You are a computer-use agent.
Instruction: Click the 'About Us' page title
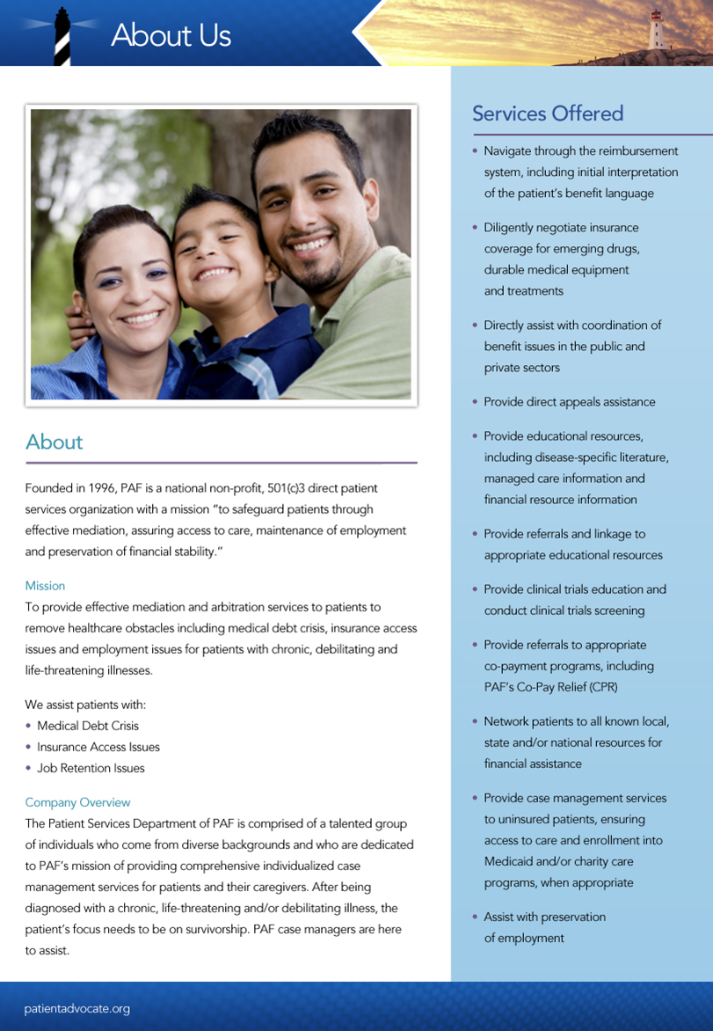pos(171,35)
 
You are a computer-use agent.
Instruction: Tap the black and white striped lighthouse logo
pos(62,38)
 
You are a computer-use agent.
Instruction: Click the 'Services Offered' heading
pos(547,113)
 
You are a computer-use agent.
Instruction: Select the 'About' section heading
pos(54,442)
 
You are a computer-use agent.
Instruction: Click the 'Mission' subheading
pos(45,586)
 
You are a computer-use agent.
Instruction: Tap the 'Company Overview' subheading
pos(77,802)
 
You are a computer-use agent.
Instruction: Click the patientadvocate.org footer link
pos(76,1008)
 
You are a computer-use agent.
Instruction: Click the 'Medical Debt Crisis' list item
pos(88,726)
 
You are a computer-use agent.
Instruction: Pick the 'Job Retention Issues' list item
pos(91,768)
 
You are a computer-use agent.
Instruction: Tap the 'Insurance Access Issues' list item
pos(98,747)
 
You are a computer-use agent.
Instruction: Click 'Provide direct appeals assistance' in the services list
pos(569,402)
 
